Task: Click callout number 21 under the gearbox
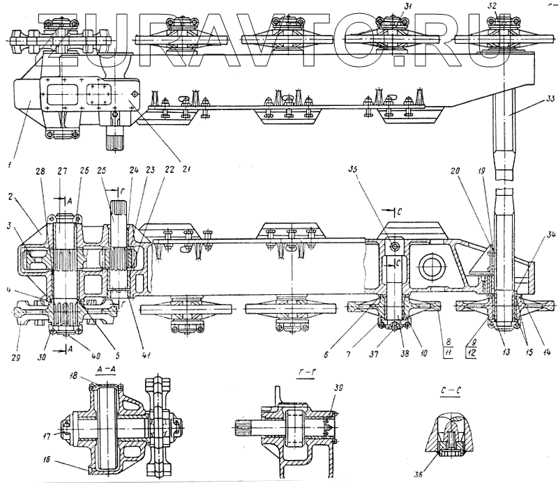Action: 186,167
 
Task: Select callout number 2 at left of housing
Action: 13,198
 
